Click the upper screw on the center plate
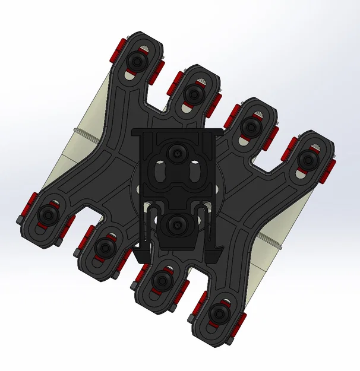coord(176,154)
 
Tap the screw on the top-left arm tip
coord(138,61)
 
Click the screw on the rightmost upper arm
coord(307,158)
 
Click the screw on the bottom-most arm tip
coord(218,313)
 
